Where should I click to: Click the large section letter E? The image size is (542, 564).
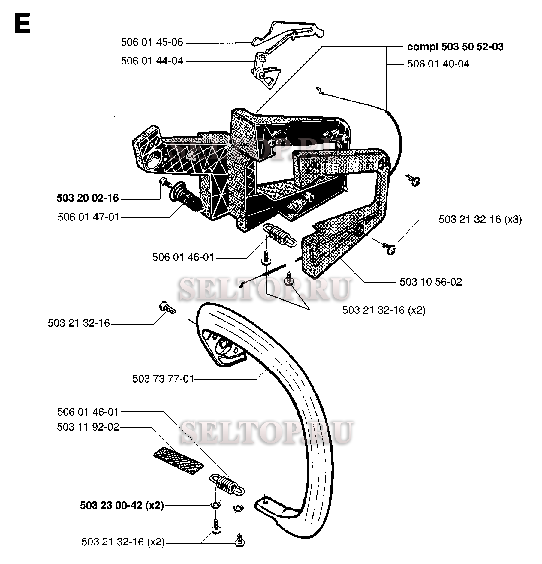pyautogui.click(x=22, y=24)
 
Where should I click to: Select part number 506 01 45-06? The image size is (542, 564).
pyautogui.click(x=152, y=42)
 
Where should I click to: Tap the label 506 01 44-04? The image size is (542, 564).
pyautogui.click(x=152, y=61)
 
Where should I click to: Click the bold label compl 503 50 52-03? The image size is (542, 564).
pyautogui.click(x=455, y=47)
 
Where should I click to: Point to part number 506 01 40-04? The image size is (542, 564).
pyautogui.click(x=438, y=64)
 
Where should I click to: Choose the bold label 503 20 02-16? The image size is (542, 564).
pyautogui.click(x=88, y=198)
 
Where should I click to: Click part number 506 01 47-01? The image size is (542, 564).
pyautogui.click(x=89, y=217)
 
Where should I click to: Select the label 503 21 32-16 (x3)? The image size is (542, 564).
pyautogui.click(x=480, y=220)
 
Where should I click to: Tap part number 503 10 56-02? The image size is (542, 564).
pyautogui.click(x=431, y=282)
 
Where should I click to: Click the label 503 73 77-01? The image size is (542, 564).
pyautogui.click(x=163, y=379)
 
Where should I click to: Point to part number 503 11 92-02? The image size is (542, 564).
pyautogui.click(x=88, y=427)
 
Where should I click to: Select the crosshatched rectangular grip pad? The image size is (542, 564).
pyautogui.click(x=178, y=460)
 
